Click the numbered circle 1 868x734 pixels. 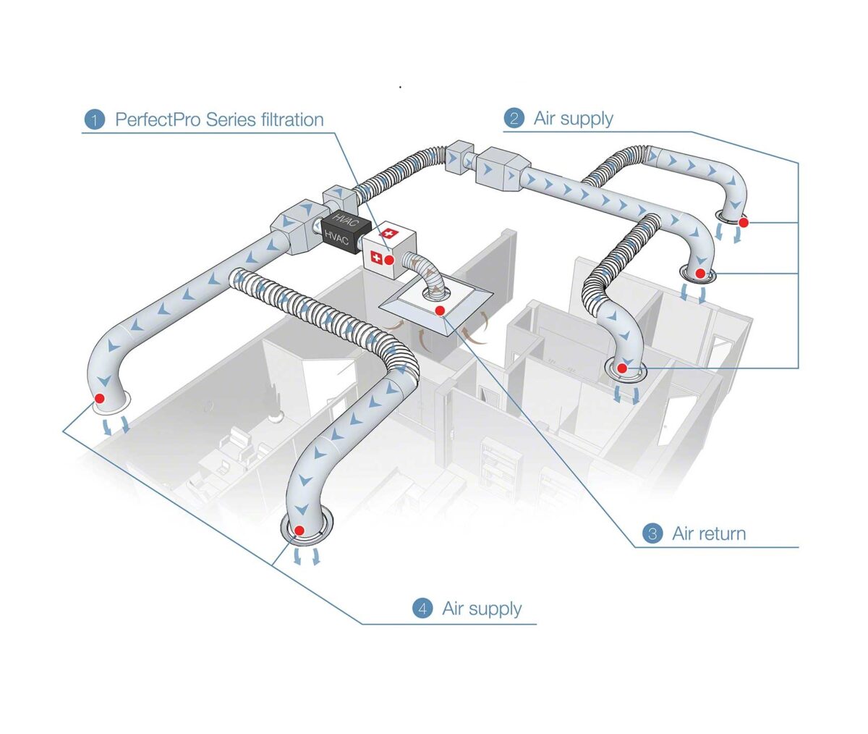pyautogui.click(x=94, y=119)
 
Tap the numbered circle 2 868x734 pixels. pyautogui.click(x=514, y=118)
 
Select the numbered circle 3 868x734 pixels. pyautogui.click(x=652, y=534)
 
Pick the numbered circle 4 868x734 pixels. pyautogui.click(x=422, y=608)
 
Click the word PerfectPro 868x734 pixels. pyautogui.click(x=157, y=119)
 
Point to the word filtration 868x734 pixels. pyautogui.click(x=285, y=119)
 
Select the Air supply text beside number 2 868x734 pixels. pyautogui.click(x=573, y=118)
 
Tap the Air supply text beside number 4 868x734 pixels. pyautogui.click(x=482, y=608)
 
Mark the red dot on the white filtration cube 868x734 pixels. pyautogui.click(x=390, y=259)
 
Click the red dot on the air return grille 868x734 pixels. pyautogui.click(x=441, y=311)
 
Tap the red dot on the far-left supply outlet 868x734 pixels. pyautogui.click(x=100, y=398)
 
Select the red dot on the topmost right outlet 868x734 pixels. pyautogui.click(x=743, y=223)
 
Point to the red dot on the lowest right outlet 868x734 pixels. pyautogui.click(x=623, y=368)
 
